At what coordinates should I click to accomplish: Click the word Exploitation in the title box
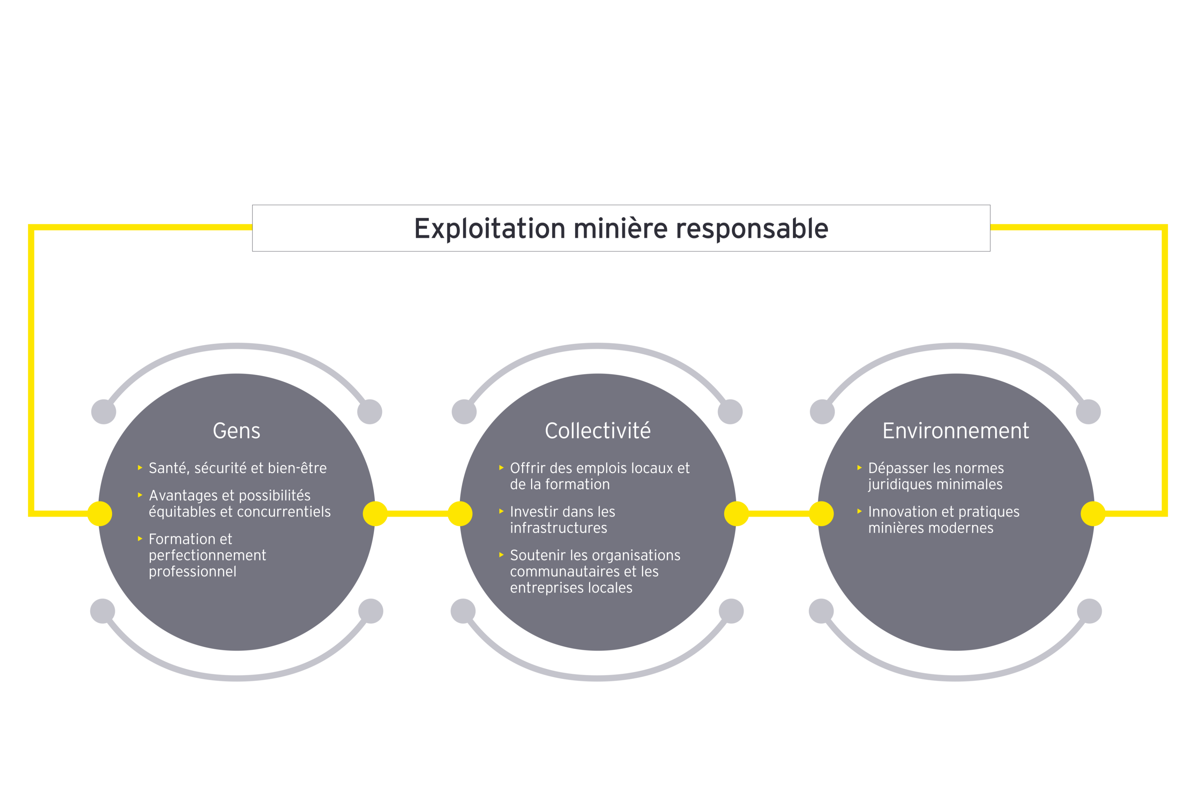tap(489, 229)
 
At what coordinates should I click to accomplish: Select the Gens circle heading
tap(236, 431)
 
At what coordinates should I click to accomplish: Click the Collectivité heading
tap(597, 431)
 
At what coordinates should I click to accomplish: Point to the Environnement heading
tap(956, 431)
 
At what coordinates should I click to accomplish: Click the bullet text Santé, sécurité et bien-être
tap(237, 468)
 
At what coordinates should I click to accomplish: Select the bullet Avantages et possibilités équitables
tap(239, 503)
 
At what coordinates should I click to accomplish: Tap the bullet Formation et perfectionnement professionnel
tap(207, 555)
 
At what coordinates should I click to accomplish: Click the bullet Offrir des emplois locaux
tap(600, 476)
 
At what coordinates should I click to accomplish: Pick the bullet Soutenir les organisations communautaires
tap(595, 571)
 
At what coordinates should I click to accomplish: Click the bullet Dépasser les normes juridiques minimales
tap(936, 476)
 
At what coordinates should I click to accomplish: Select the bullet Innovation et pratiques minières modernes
tap(943, 520)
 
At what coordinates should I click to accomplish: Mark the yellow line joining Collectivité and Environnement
tap(779, 514)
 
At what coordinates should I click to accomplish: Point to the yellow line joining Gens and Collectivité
tap(417, 514)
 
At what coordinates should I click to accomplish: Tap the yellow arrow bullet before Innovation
tap(859, 511)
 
